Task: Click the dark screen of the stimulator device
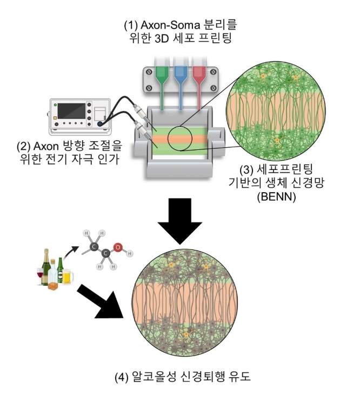click(71, 111)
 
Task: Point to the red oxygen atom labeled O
click(117, 247)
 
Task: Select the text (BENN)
click(276, 196)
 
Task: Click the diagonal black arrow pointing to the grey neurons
click(101, 303)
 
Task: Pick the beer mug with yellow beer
click(67, 277)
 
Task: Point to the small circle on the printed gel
click(180, 139)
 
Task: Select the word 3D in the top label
click(162, 38)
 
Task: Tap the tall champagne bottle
click(46, 267)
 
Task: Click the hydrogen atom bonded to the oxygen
click(130, 253)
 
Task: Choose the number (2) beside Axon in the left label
click(23, 146)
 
